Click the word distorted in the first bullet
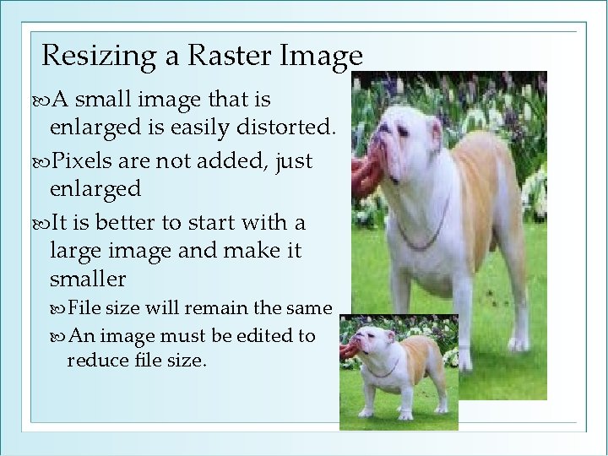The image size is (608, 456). pos(288,128)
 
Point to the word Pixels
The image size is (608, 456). pos(84,160)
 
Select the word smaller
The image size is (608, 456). pos(88,279)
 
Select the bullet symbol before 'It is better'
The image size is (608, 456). pos(43,224)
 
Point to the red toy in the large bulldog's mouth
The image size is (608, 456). pos(361,168)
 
